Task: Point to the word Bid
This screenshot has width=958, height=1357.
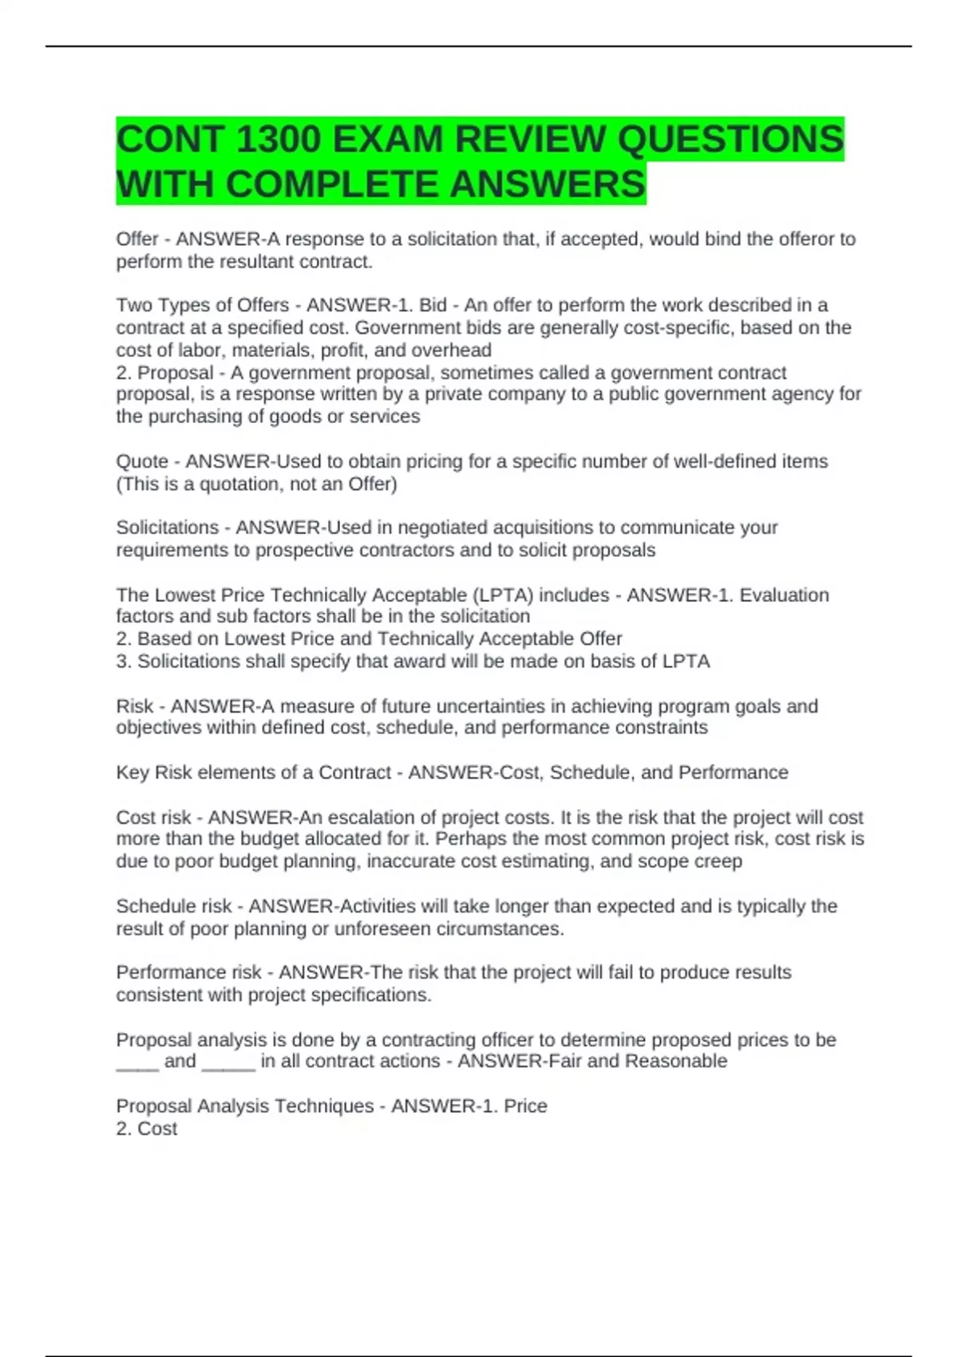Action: coord(433,305)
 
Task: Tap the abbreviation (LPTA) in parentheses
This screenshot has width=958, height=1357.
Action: coord(502,595)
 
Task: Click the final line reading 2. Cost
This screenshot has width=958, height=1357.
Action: coord(147,1129)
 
